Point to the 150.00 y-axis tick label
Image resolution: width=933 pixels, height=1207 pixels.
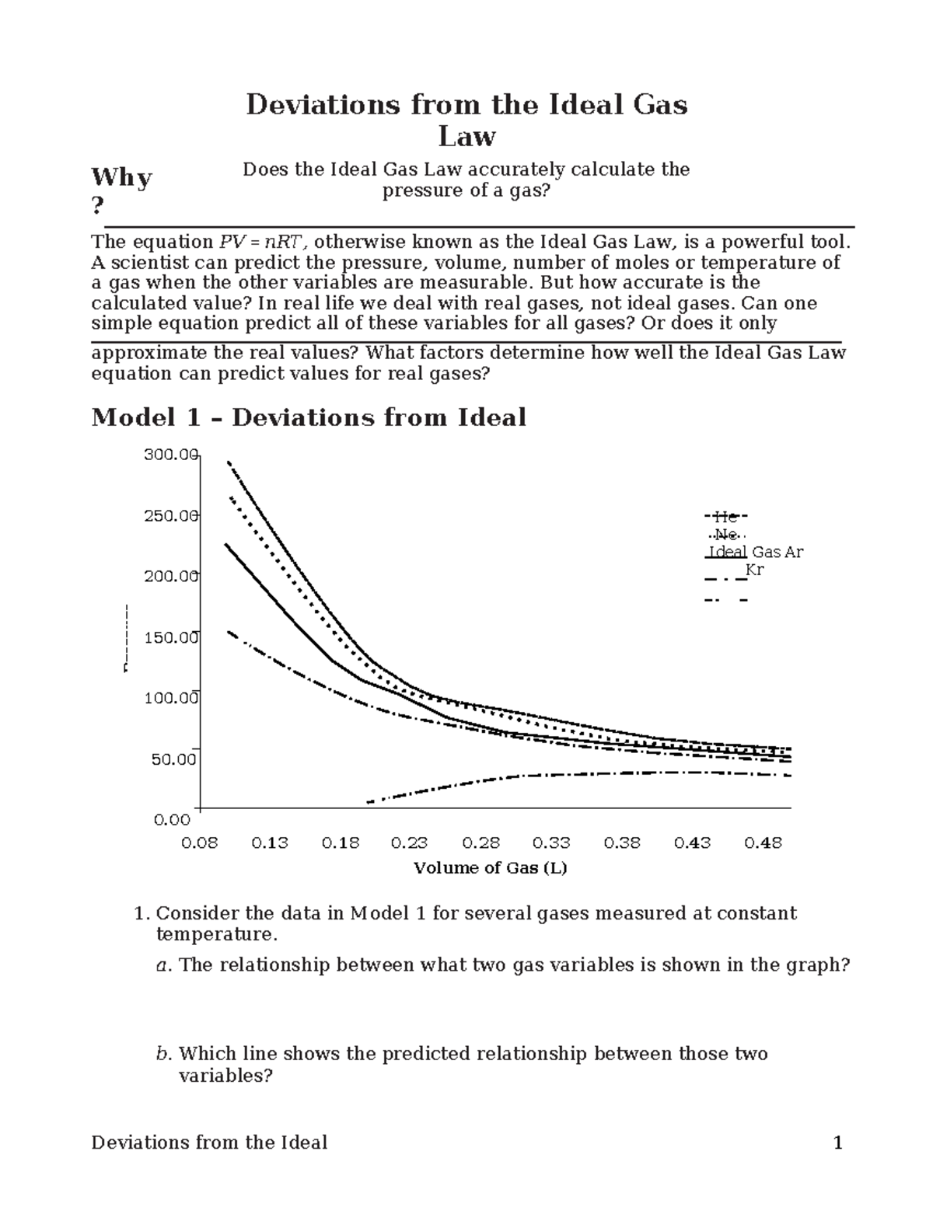coord(172,637)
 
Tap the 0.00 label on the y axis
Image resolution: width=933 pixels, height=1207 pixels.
coord(172,819)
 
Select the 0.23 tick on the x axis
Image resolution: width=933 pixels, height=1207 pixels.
coord(410,843)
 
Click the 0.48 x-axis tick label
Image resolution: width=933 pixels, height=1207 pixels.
coord(764,843)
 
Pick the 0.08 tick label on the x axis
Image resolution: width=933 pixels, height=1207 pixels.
coord(199,843)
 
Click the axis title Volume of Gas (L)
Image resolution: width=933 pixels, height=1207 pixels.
coord(490,868)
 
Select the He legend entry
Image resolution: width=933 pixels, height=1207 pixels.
coord(725,516)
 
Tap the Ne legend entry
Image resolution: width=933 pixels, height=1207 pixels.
coord(726,535)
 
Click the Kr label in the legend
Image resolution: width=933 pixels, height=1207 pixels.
coord(754,570)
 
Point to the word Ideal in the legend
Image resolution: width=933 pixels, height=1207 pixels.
coord(727,553)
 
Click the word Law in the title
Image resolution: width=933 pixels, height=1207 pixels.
coord(466,137)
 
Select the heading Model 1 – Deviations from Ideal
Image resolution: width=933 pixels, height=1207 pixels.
coord(309,417)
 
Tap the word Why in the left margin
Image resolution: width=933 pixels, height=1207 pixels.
coord(121,178)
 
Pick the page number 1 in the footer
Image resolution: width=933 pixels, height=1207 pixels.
coord(837,1142)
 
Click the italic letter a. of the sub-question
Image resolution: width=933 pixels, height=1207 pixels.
coord(162,965)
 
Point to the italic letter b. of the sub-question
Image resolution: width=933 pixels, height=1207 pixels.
coord(162,1054)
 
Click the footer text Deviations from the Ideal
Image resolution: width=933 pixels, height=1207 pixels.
coord(209,1142)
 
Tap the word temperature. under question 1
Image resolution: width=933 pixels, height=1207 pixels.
coord(216,933)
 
